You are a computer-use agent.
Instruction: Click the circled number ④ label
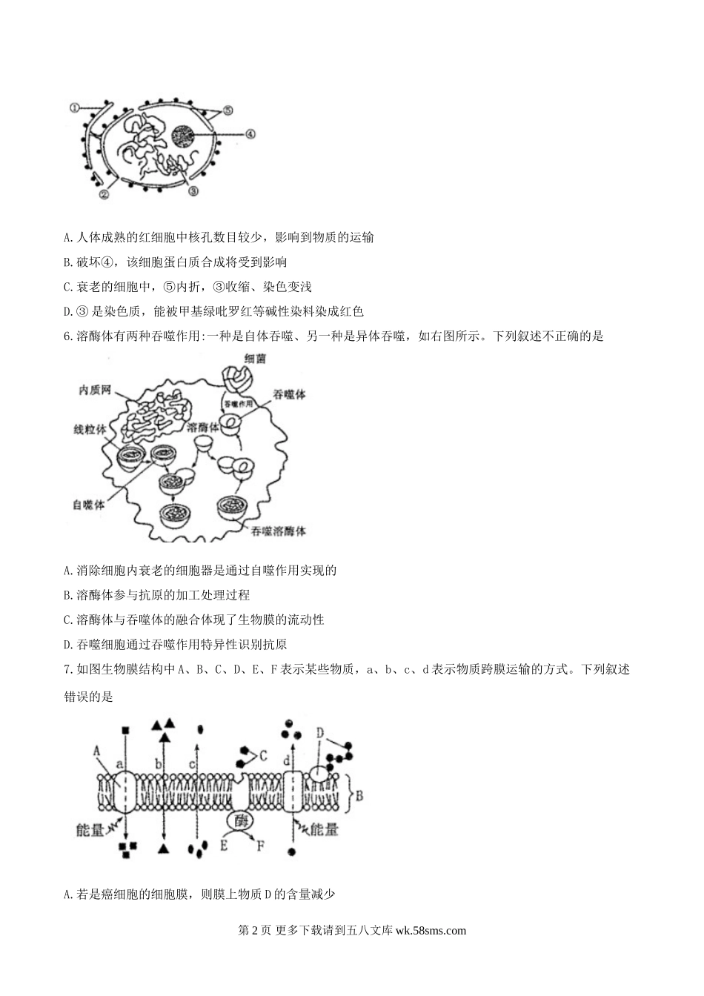pos(250,134)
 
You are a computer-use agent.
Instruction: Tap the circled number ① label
pos(75,107)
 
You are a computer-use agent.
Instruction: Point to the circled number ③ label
pos(193,190)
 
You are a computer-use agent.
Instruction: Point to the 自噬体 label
pos(89,504)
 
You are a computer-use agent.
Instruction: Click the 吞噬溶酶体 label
pos(278,531)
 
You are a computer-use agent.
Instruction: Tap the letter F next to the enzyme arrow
pos(260,844)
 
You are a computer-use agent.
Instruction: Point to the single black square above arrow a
pos(125,729)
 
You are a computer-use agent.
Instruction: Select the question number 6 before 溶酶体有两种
pos(68,336)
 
